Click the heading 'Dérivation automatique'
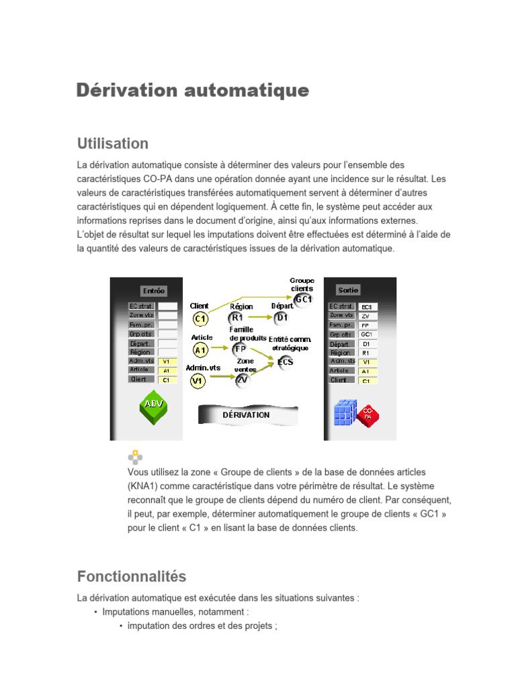(x=193, y=91)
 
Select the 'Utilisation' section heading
(x=112, y=143)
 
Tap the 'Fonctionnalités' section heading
(x=132, y=576)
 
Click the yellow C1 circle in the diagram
(x=200, y=318)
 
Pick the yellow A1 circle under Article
(x=200, y=349)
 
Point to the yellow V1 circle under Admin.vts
(x=198, y=381)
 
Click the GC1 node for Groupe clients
(x=303, y=299)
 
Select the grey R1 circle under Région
(x=237, y=318)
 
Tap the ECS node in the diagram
(x=285, y=362)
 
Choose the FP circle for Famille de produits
(x=240, y=349)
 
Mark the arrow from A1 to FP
(x=220, y=349)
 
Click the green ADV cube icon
(x=154, y=407)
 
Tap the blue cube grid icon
(x=346, y=412)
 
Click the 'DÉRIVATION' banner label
(x=246, y=415)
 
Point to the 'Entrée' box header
(x=153, y=291)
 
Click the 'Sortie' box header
(x=348, y=290)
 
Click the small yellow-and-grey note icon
(x=136, y=457)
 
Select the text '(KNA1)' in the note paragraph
(x=143, y=486)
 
